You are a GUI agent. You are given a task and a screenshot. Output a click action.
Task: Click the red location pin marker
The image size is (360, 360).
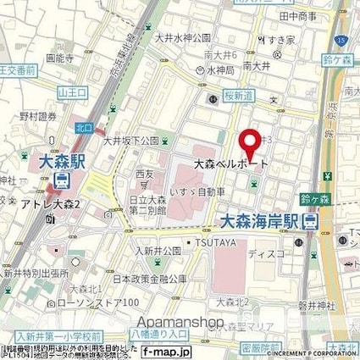click(248, 141)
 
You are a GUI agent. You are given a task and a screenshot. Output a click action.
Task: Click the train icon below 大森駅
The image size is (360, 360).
click(63, 180)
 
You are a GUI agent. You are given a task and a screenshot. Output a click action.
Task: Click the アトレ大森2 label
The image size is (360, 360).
click(74, 204)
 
